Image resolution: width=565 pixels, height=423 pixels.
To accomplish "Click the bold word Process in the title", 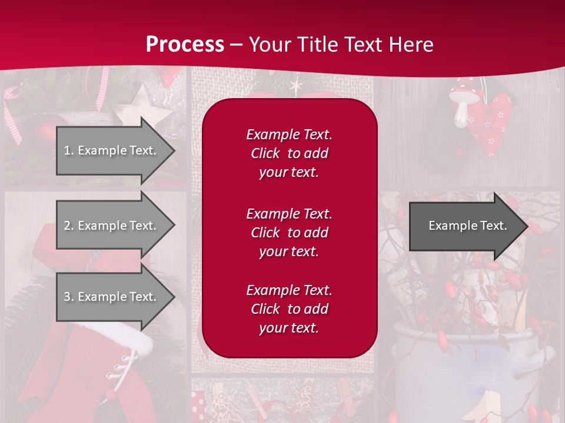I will click(x=185, y=45).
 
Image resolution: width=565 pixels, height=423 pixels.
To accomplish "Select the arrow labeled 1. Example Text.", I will click(x=112, y=150).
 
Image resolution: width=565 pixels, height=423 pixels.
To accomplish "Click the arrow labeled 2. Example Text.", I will click(x=112, y=226).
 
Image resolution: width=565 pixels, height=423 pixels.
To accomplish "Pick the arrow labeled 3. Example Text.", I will click(x=112, y=297).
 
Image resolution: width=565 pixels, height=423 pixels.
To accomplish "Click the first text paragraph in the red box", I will click(x=289, y=153).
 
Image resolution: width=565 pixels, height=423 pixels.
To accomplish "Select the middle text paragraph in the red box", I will click(x=289, y=232).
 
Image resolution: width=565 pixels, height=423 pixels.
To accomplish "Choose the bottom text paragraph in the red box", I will click(x=289, y=309).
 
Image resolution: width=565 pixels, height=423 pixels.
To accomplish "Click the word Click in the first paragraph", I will click(x=265, y=153).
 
